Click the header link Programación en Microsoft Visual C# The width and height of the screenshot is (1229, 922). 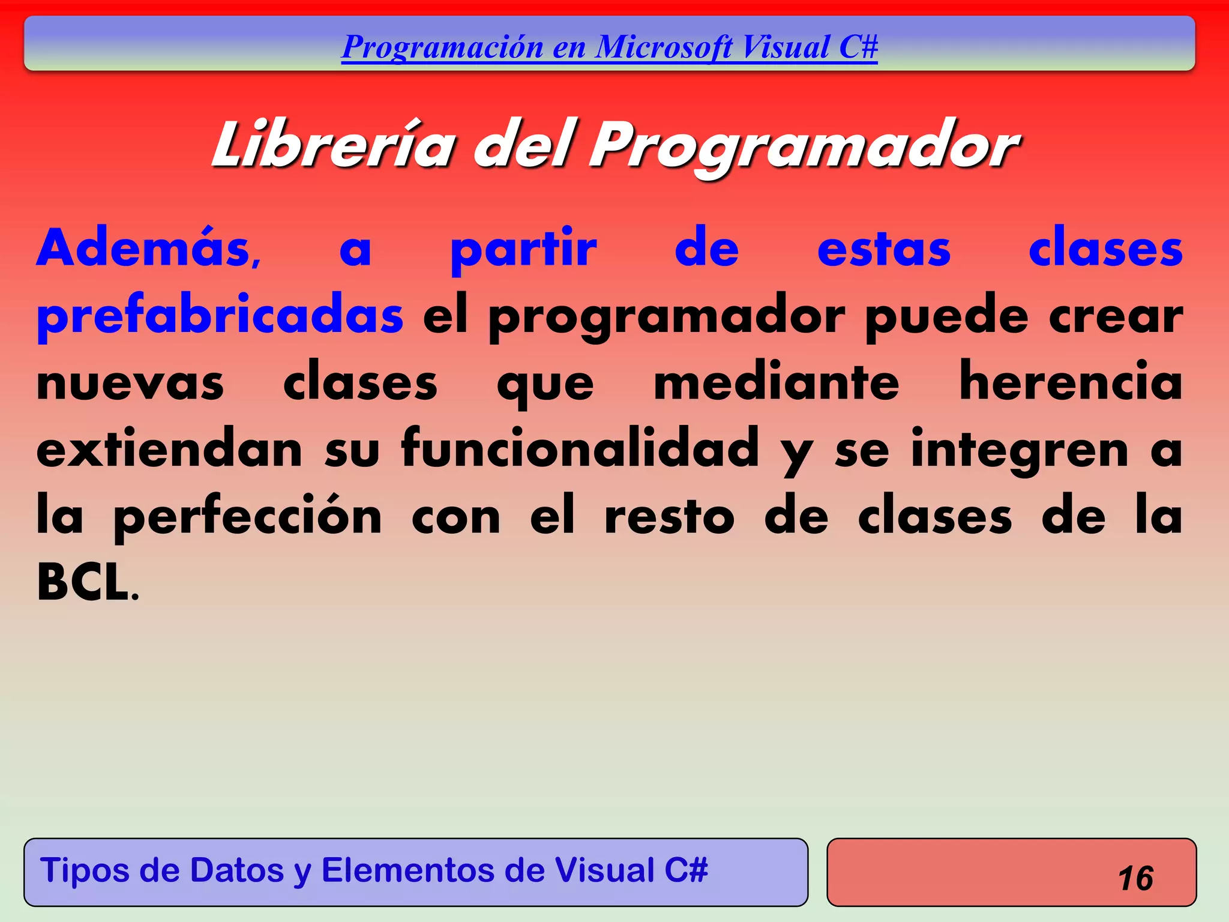[x=609, y=47]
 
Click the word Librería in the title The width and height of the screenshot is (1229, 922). [x=334, y=145]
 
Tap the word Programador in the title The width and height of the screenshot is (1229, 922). [x=804, y=147]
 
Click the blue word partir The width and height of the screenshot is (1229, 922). [x=523, y=250]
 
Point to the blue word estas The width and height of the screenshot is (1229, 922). [x=883, y=250]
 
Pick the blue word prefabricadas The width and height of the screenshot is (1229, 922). [x=220, y=316]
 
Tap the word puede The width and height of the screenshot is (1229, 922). [x=947, y=316]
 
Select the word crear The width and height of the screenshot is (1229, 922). [x=1116, y=317]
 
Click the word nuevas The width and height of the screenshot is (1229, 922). [x=130, y=384]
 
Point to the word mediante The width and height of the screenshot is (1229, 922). [x=777, y=382]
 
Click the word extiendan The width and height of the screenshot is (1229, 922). [x=169, y=448]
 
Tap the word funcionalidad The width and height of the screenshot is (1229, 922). [x=580, y=448]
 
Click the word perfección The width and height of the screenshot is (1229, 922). [x=247, y=517]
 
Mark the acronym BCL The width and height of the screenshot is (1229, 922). [x=84, y=582]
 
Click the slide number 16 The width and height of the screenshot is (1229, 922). [x=1135, y=878]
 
